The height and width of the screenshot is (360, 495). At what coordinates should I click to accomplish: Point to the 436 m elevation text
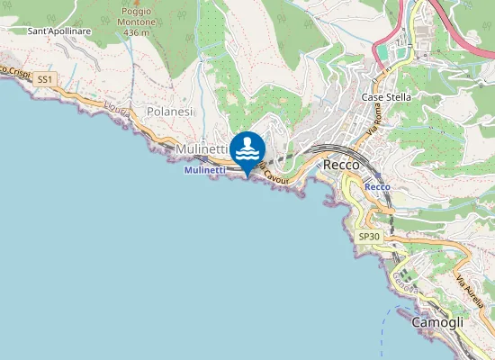[x=136, y=32]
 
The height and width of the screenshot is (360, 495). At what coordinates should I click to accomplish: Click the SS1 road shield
[x=45, y=80]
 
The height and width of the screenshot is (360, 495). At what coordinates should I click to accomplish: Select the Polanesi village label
[x=169, y=111]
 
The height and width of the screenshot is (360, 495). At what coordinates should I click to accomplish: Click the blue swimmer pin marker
[x=247, y=149]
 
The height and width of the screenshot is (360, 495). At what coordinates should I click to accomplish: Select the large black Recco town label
[x=341, y=165]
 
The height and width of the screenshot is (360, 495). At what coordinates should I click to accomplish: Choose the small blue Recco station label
[x=377, y=186]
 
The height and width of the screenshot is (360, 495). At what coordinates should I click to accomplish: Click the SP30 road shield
[x=367, y=237]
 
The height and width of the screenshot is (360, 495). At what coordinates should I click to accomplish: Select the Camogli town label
[x=437, y=321]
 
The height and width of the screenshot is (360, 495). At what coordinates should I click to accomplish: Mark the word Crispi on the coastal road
[x=15, y=71]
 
